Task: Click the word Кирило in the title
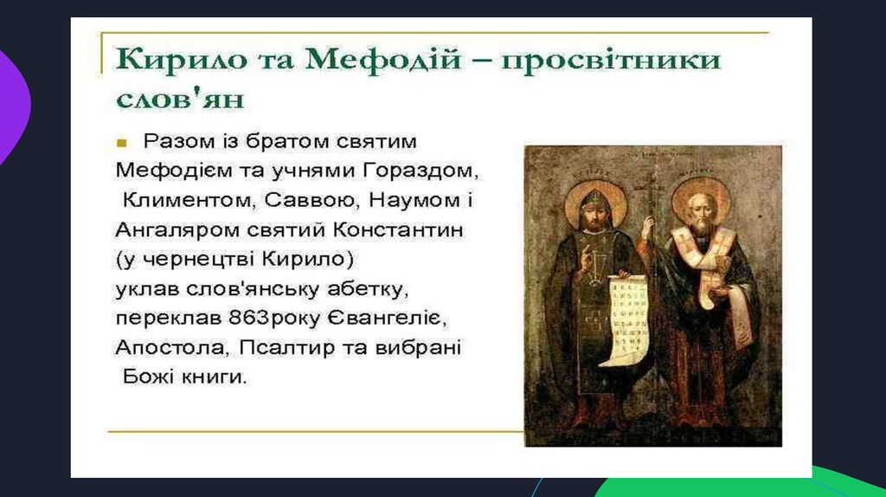point(182,60)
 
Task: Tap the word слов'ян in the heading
point(180,99)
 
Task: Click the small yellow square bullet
point(121,143)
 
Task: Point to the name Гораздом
point(421,171)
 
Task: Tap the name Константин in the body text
point(398,230)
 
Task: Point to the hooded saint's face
point(594,216)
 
